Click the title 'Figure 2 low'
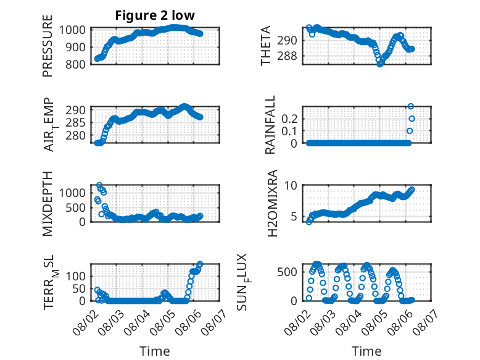coord(155,15)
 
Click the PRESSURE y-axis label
coord(48,46)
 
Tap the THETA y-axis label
coord(266,46)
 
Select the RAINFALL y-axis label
coord(270,125)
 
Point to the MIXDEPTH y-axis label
coord(48,203)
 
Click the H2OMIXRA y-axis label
coord(272,203)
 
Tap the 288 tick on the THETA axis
coord(287,56)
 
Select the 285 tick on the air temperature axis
coord(76,122)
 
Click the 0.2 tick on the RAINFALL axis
coord(289,119)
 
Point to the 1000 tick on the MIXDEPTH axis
coord(73,193)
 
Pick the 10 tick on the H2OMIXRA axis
coord(291,185)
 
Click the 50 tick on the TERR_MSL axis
coord(79,288)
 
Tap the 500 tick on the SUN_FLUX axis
coord(287,272)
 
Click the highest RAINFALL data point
coord(411,106)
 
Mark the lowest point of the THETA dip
coord(380,64)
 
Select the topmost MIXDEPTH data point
coord(99,185)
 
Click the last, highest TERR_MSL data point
coord(200,264)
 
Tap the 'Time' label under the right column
coord(366,351)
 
